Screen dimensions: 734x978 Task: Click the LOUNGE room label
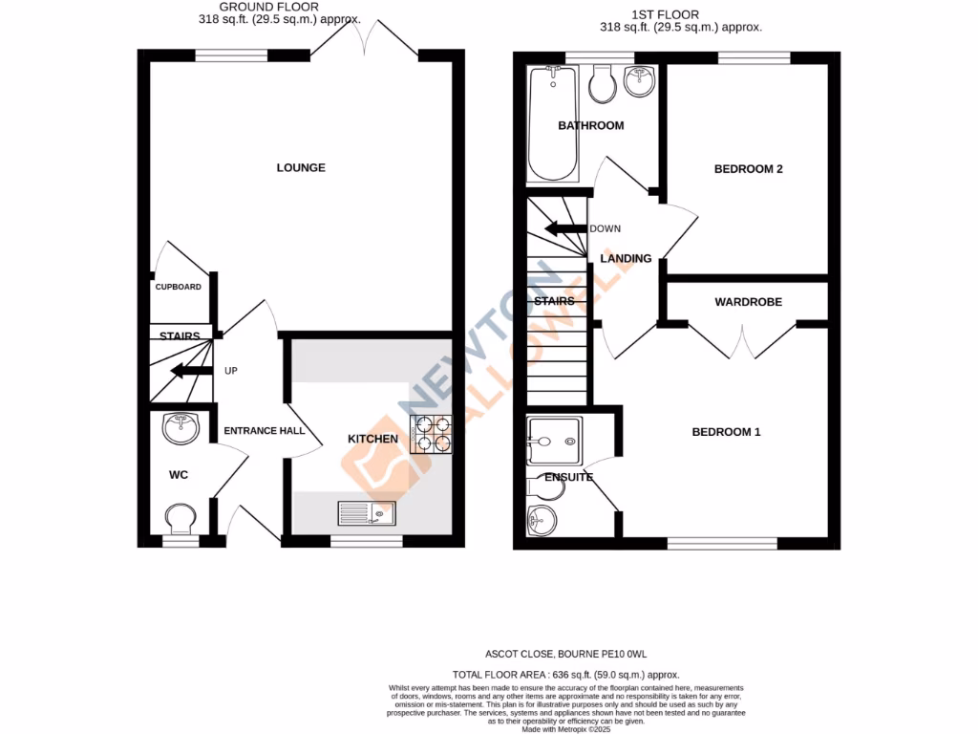(301, 168)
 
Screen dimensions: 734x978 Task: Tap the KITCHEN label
(372, 439)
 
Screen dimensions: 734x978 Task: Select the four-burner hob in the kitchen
(431, 435)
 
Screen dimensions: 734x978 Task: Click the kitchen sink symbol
(366, 514)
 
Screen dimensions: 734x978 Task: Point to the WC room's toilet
(180, 521)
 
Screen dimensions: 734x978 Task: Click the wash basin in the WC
(181, 429)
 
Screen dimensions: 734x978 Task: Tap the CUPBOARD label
(179, 287)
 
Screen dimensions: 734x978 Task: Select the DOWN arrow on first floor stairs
(564, 228)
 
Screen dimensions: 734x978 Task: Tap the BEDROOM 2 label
(749, 169)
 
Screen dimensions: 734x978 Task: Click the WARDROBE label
(748, 302)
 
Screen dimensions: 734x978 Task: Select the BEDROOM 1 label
(726, 432)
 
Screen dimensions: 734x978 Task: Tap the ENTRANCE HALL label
(264, 431)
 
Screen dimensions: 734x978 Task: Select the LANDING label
(626, 259)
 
